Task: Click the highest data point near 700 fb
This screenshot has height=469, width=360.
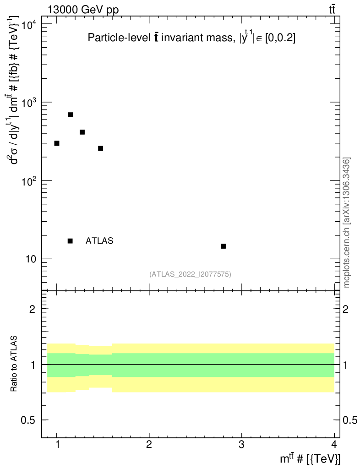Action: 71,115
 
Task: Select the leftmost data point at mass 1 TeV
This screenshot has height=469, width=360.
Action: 57,143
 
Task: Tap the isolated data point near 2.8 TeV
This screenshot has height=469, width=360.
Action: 223,246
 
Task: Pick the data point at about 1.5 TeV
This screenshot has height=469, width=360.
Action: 101,148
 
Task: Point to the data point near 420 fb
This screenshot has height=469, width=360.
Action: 82,132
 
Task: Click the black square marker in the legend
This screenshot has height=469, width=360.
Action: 70,241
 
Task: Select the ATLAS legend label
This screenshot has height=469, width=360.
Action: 99,241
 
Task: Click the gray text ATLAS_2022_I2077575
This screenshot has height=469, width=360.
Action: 190,274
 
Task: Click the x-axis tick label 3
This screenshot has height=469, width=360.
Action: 241,444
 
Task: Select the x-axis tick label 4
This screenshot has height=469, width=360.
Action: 333,444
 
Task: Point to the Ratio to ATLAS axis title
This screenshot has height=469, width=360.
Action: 14,364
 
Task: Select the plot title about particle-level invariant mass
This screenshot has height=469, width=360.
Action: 191,38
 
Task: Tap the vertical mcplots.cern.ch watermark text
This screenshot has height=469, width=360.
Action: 347,223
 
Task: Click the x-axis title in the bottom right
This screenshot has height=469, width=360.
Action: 310,458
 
